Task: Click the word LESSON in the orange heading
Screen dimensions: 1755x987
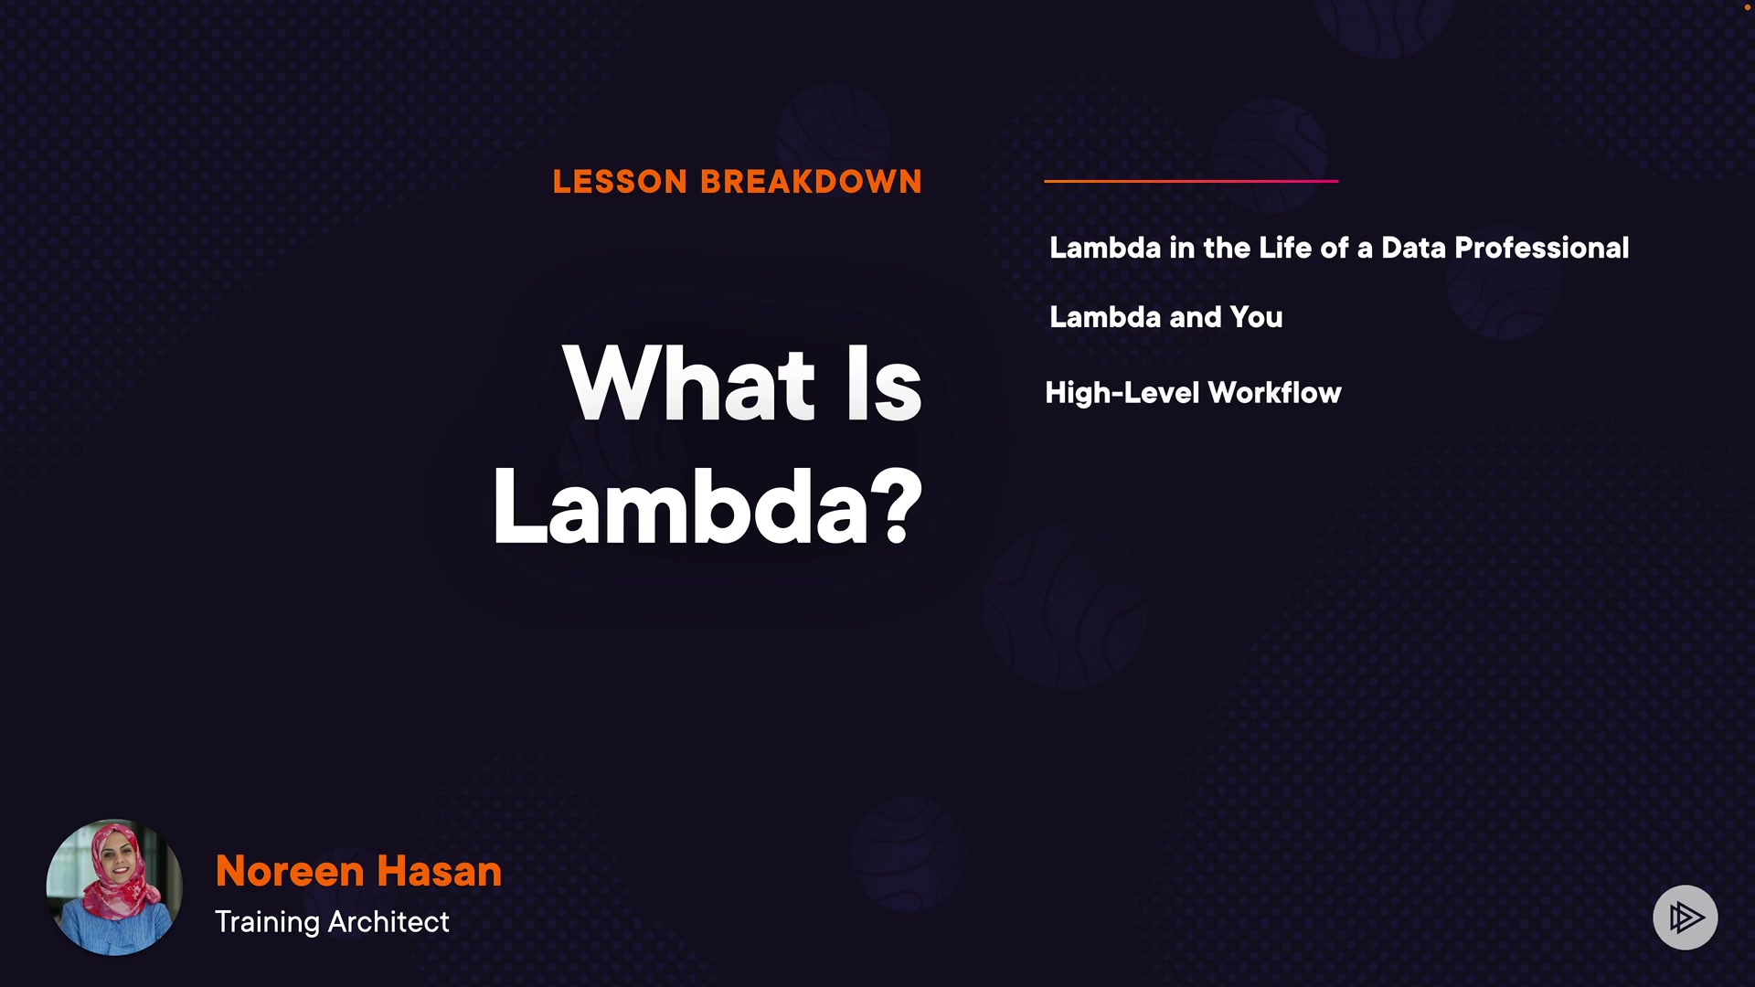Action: tap(620, 182)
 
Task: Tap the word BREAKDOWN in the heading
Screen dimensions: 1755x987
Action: tap(812, 182)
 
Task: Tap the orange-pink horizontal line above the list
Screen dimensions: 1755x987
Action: tap(1191, 181)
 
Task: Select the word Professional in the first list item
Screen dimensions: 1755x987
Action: tap(1542, 248)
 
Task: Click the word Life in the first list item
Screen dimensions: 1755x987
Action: tap(1285, 248)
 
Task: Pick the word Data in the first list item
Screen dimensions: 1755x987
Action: tap(1413, 248)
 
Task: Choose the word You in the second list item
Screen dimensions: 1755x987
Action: tap(1256, 317)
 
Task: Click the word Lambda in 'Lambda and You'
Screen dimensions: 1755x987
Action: tap(1105, 317)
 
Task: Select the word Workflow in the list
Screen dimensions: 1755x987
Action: tap(1274, 393)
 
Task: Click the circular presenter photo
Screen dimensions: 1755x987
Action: tap(114, 887)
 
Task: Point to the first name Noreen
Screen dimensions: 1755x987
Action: tap(290, 871)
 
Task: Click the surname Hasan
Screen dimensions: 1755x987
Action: tap(440, 871)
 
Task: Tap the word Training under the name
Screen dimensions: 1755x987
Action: tap(267, 922)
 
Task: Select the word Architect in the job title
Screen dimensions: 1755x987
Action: tap(388, 921)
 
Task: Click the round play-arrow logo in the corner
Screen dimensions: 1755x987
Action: tap(1686, 918)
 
